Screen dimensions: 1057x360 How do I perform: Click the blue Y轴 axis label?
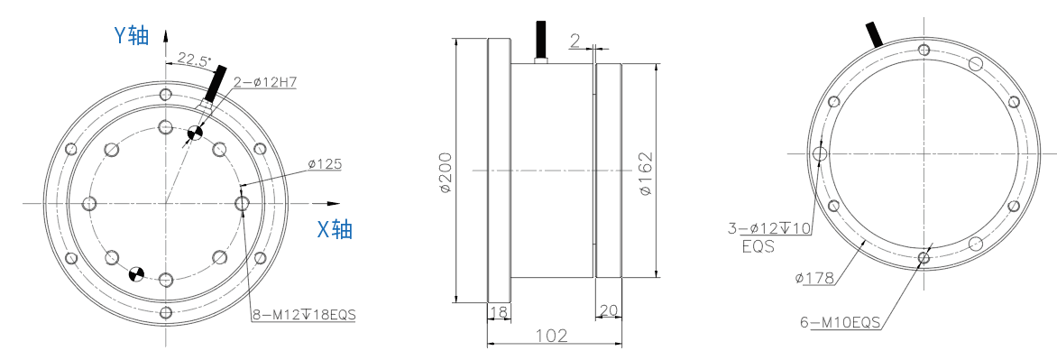click(131, 36)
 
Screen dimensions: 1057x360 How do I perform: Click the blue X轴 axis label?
click(335, 230)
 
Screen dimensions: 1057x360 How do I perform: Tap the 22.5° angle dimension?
click(194, 60)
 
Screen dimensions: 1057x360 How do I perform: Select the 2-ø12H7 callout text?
click(265, 82)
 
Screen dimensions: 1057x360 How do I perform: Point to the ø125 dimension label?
click(325, 163)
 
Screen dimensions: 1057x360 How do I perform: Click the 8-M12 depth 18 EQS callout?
click(304, 314)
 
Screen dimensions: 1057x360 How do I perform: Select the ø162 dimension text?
click(646, 173)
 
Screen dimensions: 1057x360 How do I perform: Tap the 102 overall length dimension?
click(552, 335)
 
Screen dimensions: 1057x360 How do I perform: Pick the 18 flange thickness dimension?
click(498, 311)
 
